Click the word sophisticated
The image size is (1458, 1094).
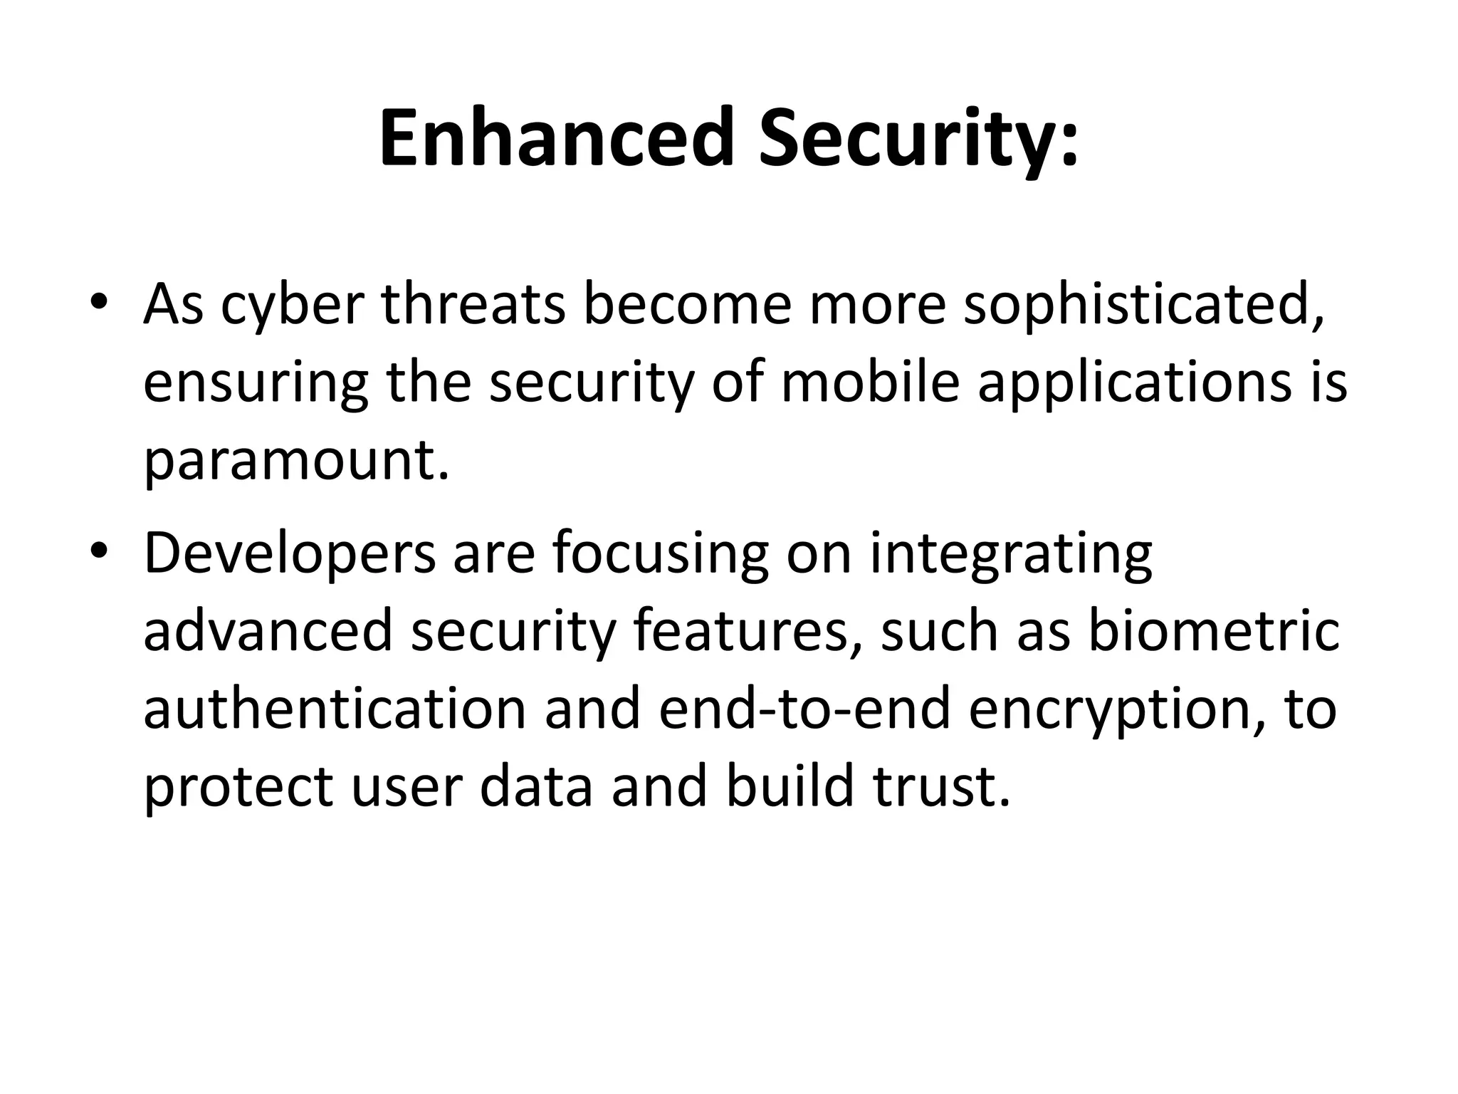[x=1143, y=305]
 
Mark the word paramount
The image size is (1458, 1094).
[x=296, y=462]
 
